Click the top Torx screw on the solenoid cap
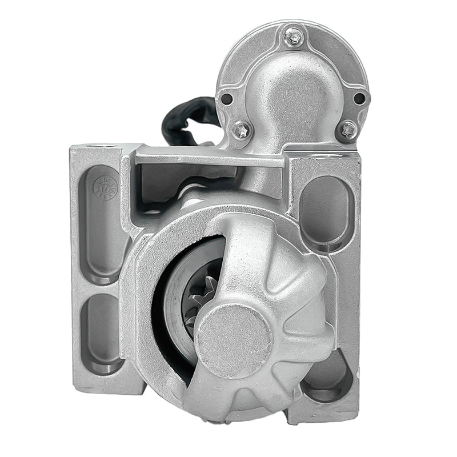click(x=293, y=38)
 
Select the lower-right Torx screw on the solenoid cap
click(x=347, y=130)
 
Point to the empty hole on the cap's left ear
click(x=227, y=98)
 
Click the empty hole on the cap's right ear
click(x=359, y=98)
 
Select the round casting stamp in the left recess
click(x=106, y=187)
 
